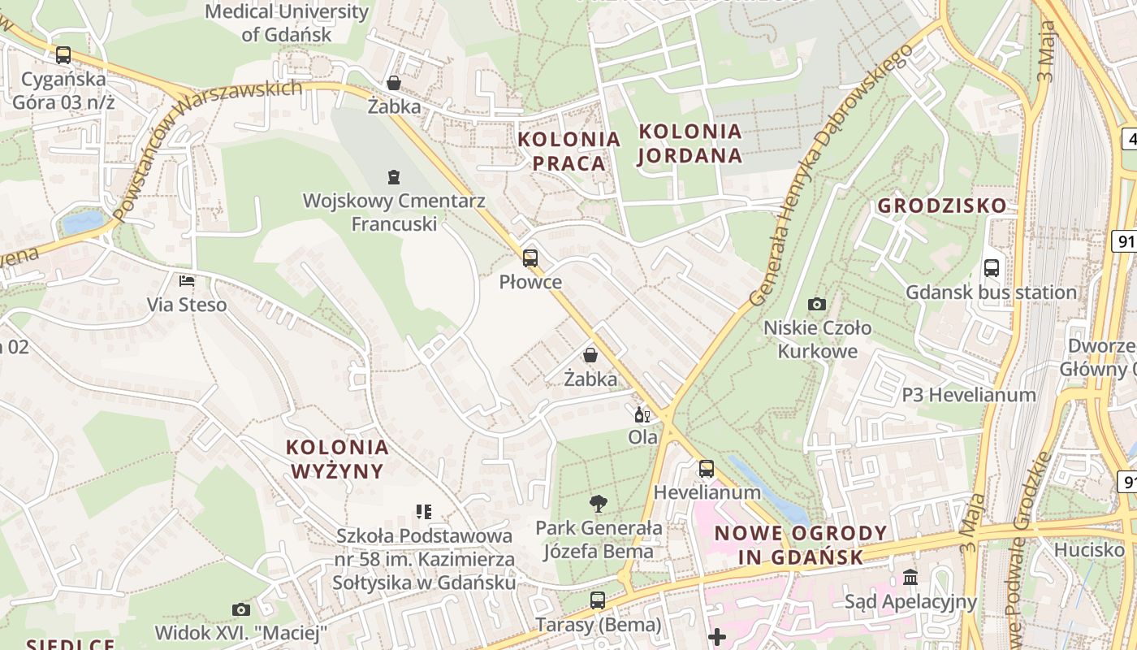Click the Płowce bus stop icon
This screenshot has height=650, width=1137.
click(530, 258)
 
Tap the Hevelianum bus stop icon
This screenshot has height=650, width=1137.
click(707, 469)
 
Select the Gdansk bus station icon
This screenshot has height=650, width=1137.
click(991, 268)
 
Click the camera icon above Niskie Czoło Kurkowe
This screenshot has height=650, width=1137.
click(817, 305)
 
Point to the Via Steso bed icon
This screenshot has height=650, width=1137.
click(187, 281)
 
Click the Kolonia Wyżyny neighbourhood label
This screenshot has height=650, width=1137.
click(337, 458)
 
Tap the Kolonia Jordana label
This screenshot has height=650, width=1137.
click(690, 143)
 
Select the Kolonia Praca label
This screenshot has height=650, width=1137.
click(562, 151)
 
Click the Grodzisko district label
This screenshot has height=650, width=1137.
click(941, 206)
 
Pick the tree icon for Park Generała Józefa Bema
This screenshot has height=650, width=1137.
click(599, 504)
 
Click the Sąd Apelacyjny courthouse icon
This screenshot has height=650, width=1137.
click(910, 578)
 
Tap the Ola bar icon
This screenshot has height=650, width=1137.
click(642, 414)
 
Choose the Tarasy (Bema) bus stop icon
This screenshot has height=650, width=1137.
click(598, 600)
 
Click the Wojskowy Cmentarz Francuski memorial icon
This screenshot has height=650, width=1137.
click(394, 176)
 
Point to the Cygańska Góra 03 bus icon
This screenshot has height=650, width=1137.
click(63, 55)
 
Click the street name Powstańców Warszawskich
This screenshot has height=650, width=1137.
click(203, 146)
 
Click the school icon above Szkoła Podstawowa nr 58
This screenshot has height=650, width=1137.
click(424, 512)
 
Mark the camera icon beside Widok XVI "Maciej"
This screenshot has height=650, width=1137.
click(241, 609)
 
